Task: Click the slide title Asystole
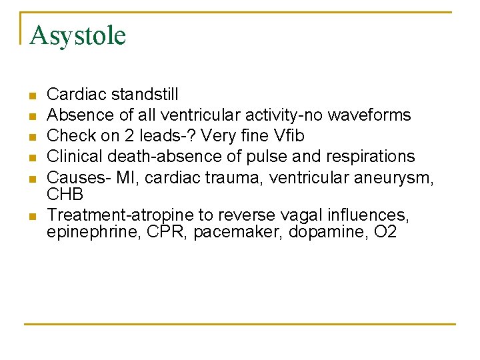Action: [77, 35]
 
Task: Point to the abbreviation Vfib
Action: [289, 135]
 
